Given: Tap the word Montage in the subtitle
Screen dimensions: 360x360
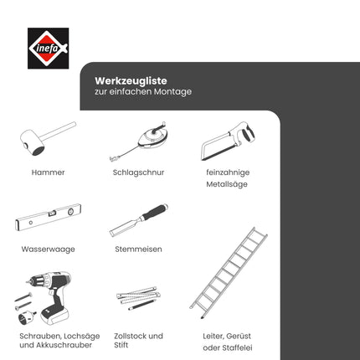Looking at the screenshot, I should [171, 91].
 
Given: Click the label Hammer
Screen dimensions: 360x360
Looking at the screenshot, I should [48, 172].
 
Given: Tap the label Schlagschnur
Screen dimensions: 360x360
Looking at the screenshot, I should [138, 172].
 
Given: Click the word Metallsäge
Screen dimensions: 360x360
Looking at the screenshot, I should [228, 184].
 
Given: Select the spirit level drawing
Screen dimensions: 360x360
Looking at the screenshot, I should [48, 220].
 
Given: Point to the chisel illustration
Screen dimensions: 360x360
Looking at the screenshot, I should [137, 219].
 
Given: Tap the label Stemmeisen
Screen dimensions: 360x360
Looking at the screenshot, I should [138, 249].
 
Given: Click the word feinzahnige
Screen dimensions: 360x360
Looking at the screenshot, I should [228, 172].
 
